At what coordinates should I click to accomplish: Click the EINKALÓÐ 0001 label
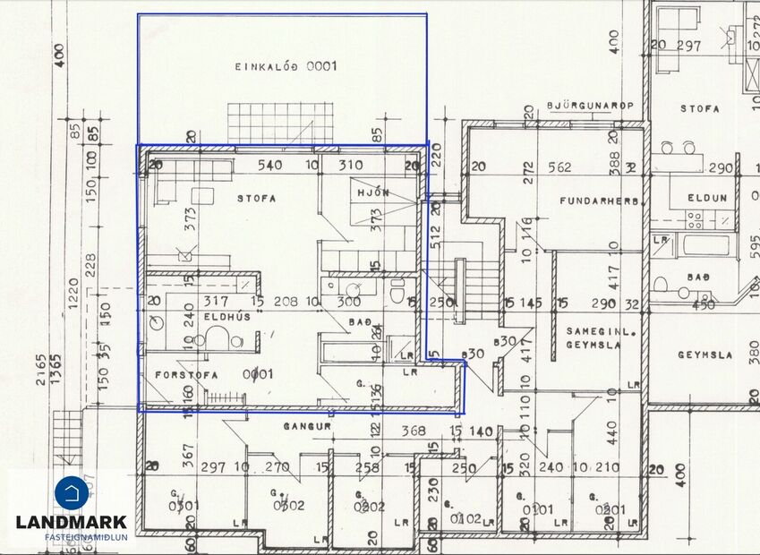pyautogui.click(x=286, y=66)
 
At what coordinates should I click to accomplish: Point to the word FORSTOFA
pyautogui.click(x=186, y=374)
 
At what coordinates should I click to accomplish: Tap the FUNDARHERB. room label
pyautogui.click(x=603, y=201)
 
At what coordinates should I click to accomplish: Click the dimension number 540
pyautogui.click(x=269, y=166)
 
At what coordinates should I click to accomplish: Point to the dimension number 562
pyautogui.click(x=559, y=166)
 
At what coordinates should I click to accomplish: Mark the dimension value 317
pyautogui.click(x=217, y=302)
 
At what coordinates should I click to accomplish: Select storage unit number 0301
pyautogui.click(x=183, y=505)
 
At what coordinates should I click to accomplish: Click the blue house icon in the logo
pyautogui.click(x=72, y=491)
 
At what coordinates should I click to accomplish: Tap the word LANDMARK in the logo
pyautogui.click(x=72, y=522)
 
